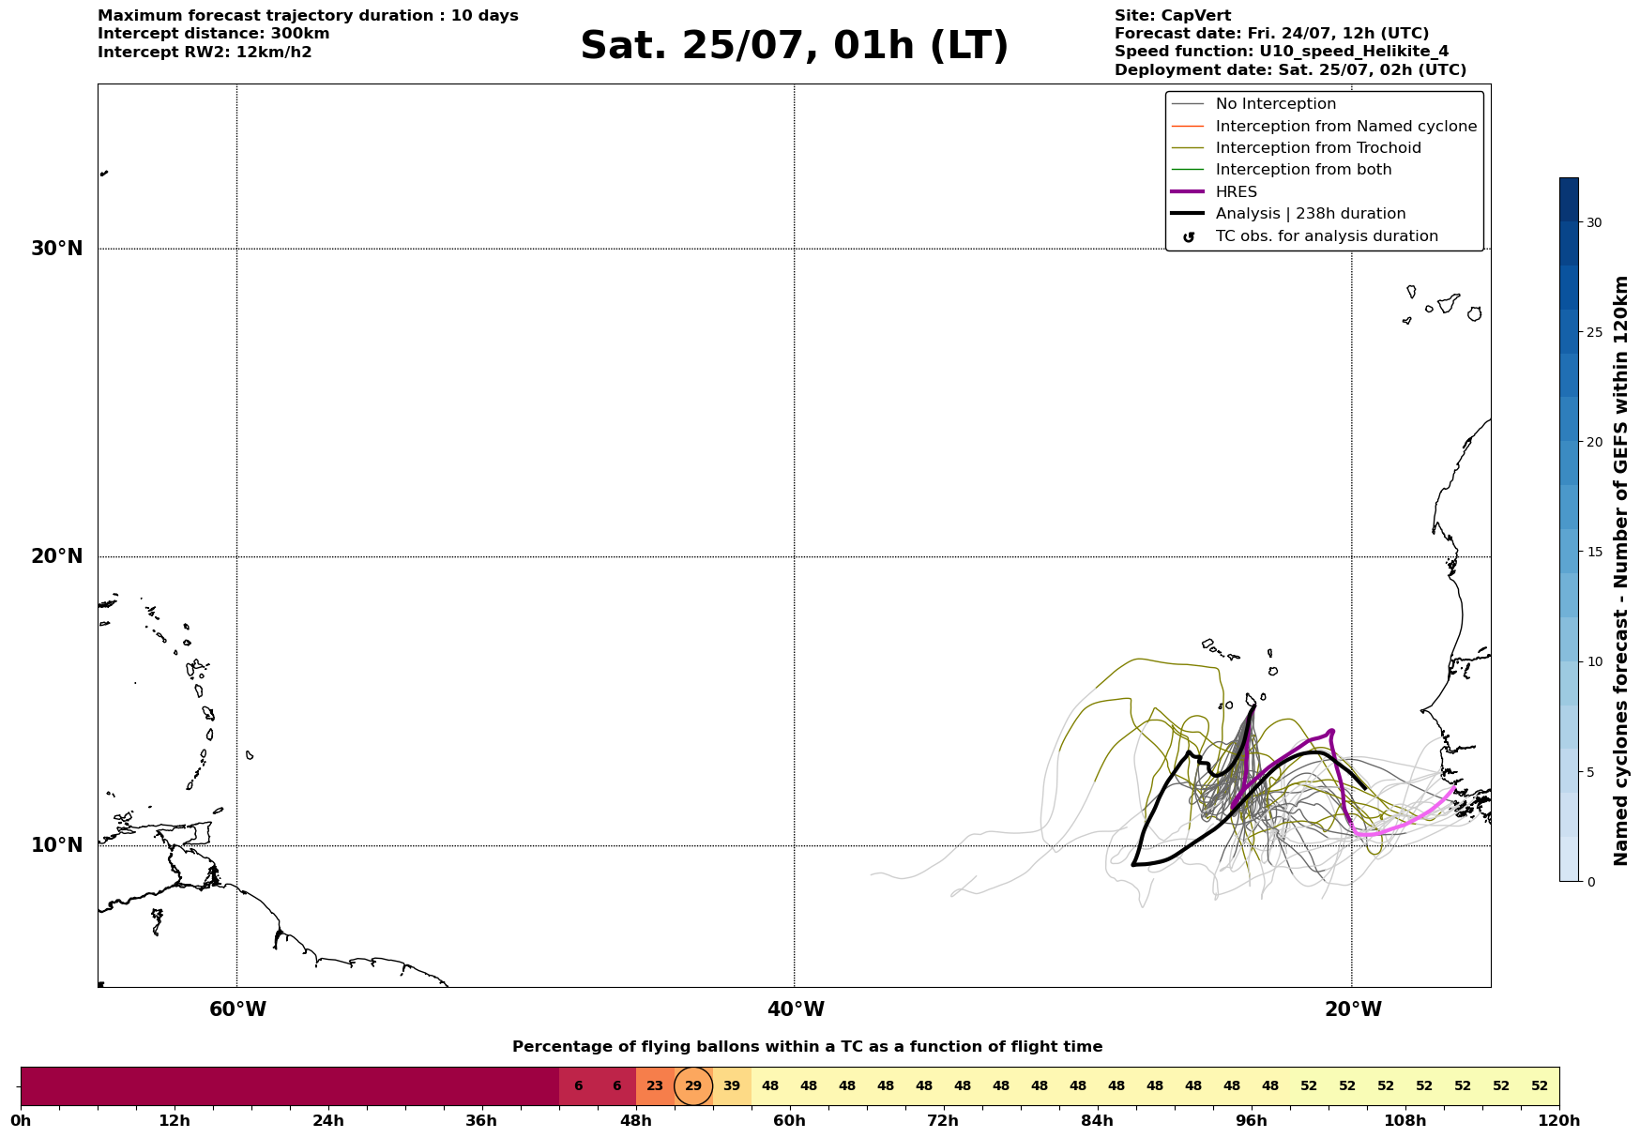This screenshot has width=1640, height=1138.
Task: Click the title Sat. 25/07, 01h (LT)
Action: [794, 46]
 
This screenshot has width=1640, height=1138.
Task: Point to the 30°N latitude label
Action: [57, 249]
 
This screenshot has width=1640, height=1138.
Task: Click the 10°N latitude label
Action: [57, 845]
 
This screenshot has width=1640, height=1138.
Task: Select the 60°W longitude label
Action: [237, 1009]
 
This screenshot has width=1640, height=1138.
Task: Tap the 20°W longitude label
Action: [1353, 1009]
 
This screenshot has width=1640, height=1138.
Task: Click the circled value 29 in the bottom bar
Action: [693, 1086]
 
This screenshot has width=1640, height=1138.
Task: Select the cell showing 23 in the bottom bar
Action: [655, 1086]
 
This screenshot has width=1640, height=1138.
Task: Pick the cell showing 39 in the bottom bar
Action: [732, 1086]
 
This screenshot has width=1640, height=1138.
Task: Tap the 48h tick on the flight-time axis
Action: [636, 1120]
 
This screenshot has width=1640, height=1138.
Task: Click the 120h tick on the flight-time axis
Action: [1559, 1120]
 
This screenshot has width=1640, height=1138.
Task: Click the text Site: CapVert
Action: [1173, 16]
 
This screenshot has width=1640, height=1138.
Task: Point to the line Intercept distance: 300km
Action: [214, 34]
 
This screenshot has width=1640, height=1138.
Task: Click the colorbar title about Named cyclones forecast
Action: [1620, 570]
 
